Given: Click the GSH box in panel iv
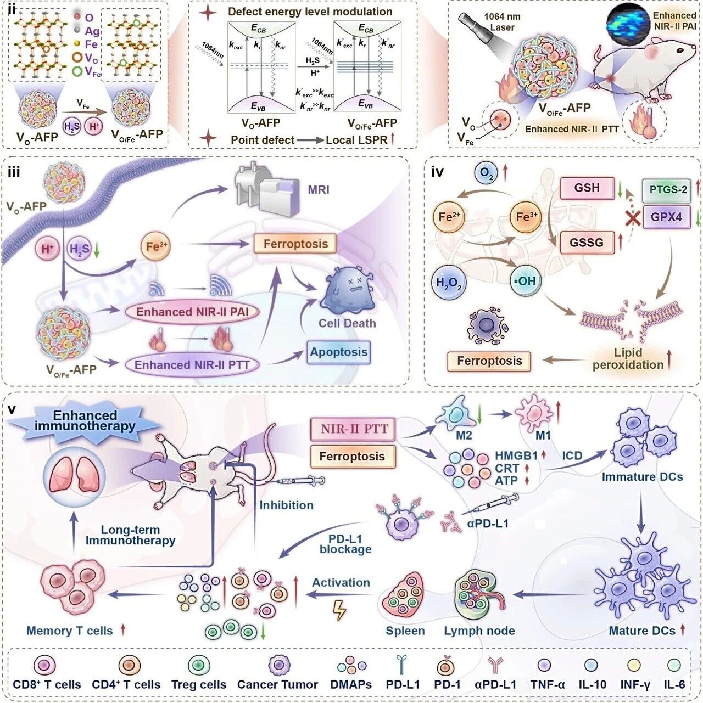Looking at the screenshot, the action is pyautogui.click(x=587, y=188).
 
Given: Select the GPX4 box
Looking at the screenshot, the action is pyautogui.click(x=667, y=217).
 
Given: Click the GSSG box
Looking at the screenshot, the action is pyautogui.click(x=587, y=242).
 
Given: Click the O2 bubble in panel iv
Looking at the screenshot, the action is pyautogui.click(x=487, y=172).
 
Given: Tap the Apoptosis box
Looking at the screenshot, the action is pyautogui.click(x=339, y=352).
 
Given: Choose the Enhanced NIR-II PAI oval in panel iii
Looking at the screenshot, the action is pyautogui.click(x=192, y=312).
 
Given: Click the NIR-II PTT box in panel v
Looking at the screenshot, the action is pyautogui.click(x=354, y=429).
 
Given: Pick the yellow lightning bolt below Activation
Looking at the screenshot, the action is pyautogui.click(x=340, y=610).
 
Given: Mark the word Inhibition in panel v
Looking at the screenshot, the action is pyautogui.click(x=286, y=505).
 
